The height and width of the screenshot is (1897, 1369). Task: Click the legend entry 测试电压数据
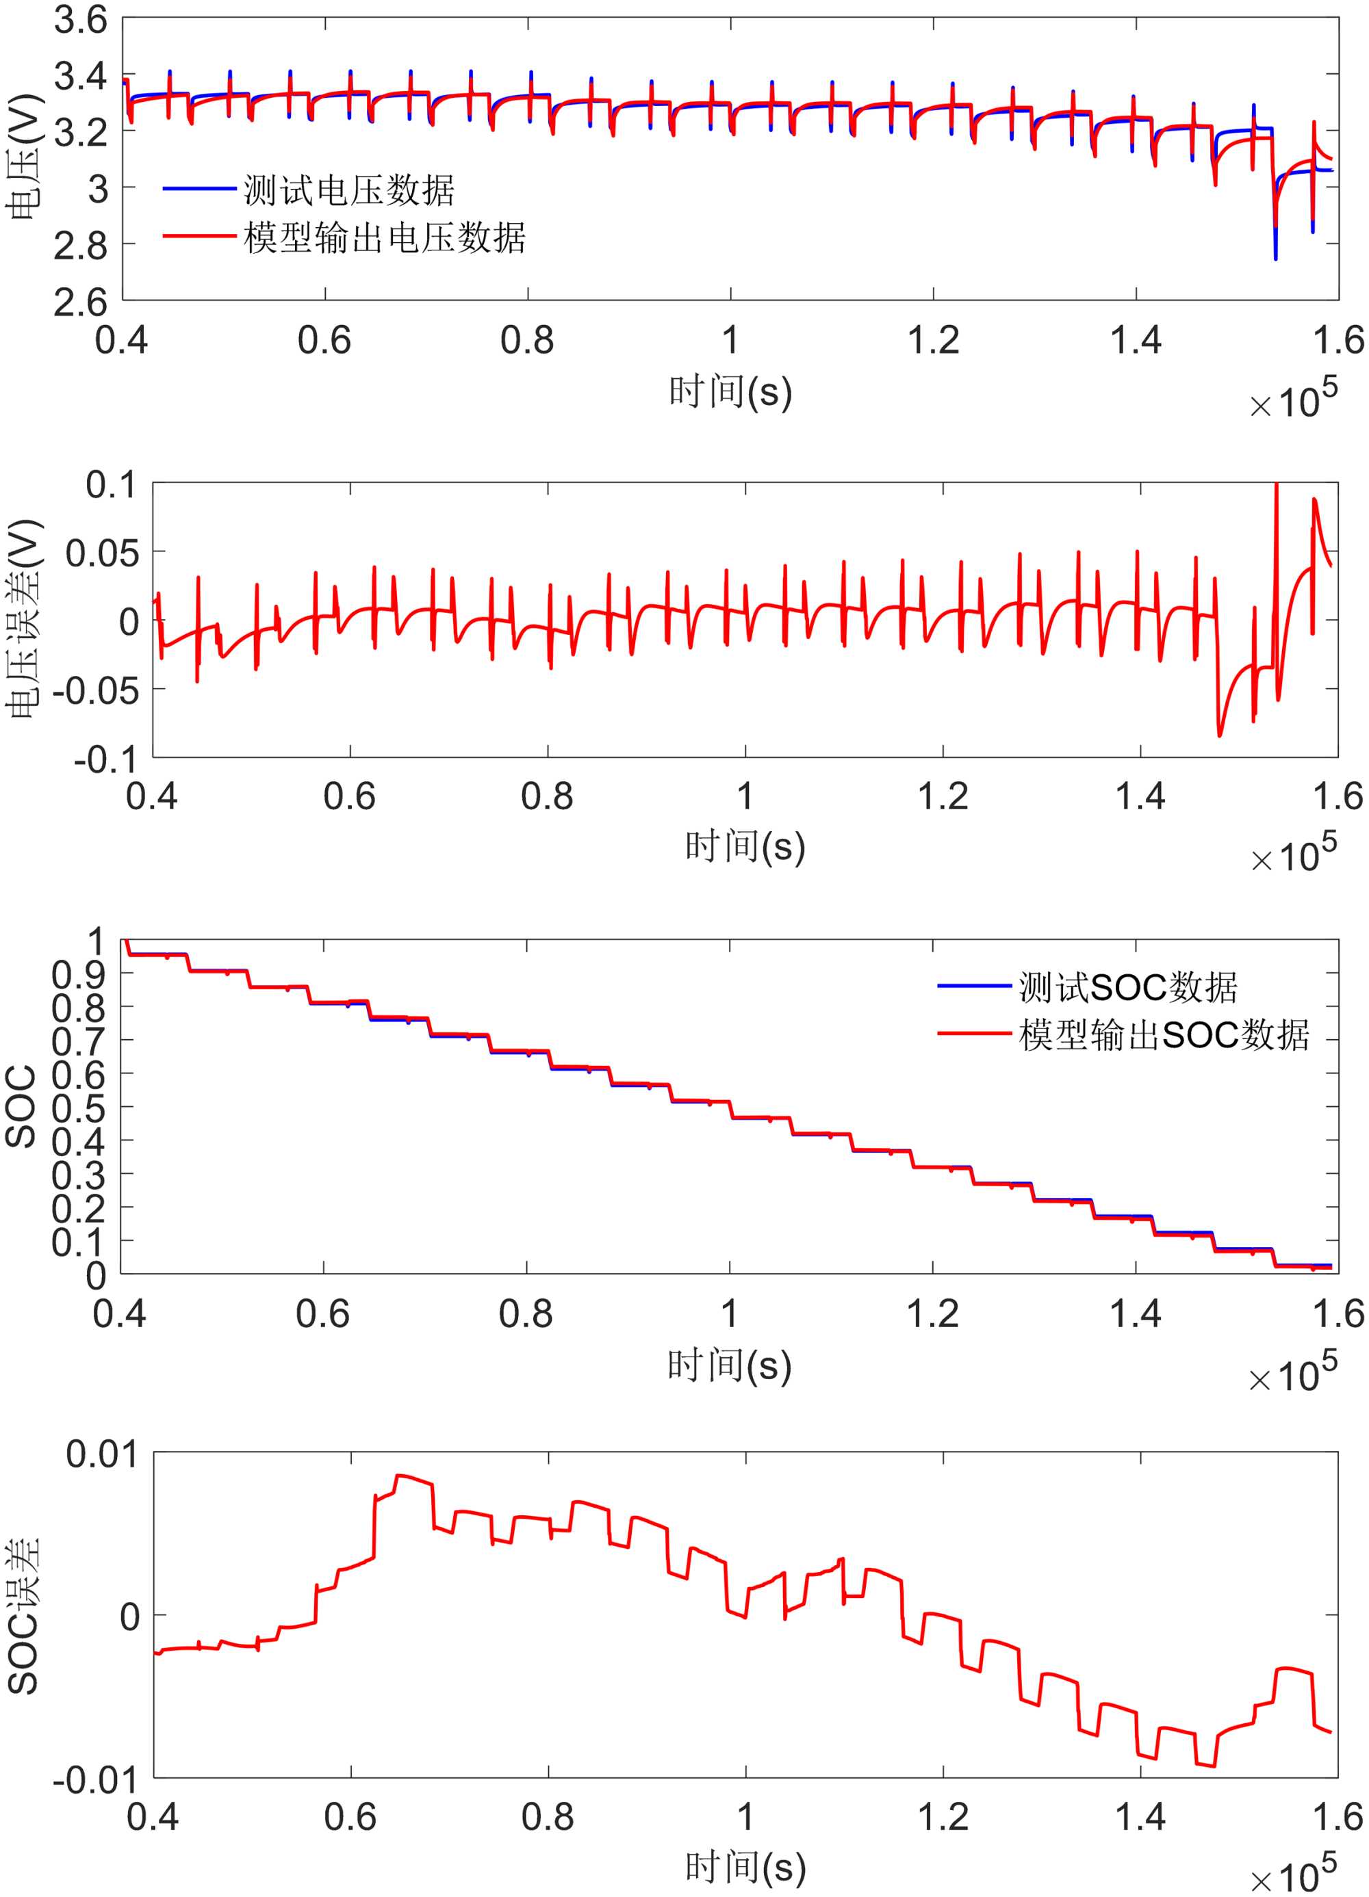click(349, 191)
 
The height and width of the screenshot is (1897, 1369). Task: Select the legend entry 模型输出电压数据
click(384, 238)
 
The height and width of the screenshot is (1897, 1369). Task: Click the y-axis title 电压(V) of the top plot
click(23, 159)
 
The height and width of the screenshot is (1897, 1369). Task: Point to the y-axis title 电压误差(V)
click(23, 620)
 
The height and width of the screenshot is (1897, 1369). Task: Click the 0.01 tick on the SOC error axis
click(102, 1454)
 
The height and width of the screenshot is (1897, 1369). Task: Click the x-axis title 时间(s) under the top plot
click(730, 392)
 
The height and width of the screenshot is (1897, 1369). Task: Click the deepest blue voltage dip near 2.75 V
click(1275, 258)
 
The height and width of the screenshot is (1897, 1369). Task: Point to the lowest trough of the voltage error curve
click(1220, 735)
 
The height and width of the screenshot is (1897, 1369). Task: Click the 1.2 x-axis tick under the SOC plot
click(933, 1315)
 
